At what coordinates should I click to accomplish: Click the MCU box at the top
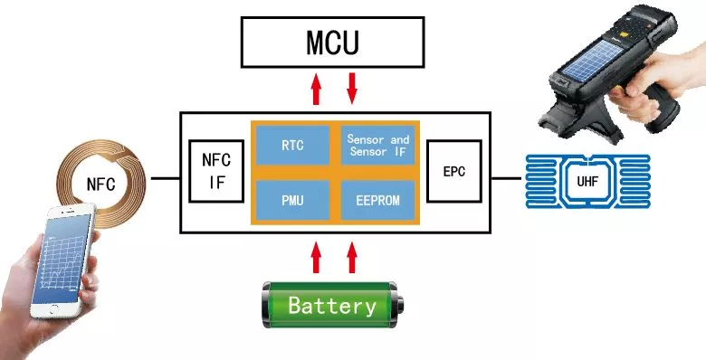333,43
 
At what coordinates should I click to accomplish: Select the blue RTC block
292,145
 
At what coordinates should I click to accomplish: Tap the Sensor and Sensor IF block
377,145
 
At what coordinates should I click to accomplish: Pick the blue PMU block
292,200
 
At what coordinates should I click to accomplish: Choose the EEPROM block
377,200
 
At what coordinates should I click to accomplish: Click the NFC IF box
216,171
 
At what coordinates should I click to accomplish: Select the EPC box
454,171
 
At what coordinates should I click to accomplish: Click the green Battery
333,305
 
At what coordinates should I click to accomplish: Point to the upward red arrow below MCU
317,89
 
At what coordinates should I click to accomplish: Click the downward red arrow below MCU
352,89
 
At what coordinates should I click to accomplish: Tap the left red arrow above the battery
317,257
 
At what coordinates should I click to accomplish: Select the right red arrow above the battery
352,257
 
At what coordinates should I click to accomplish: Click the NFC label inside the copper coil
100,184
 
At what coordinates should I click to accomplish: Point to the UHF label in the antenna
587,181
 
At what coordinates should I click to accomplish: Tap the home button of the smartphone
54,309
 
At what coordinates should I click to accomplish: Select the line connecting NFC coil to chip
166,179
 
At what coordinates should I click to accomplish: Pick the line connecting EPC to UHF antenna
506,179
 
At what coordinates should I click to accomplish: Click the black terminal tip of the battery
400,305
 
